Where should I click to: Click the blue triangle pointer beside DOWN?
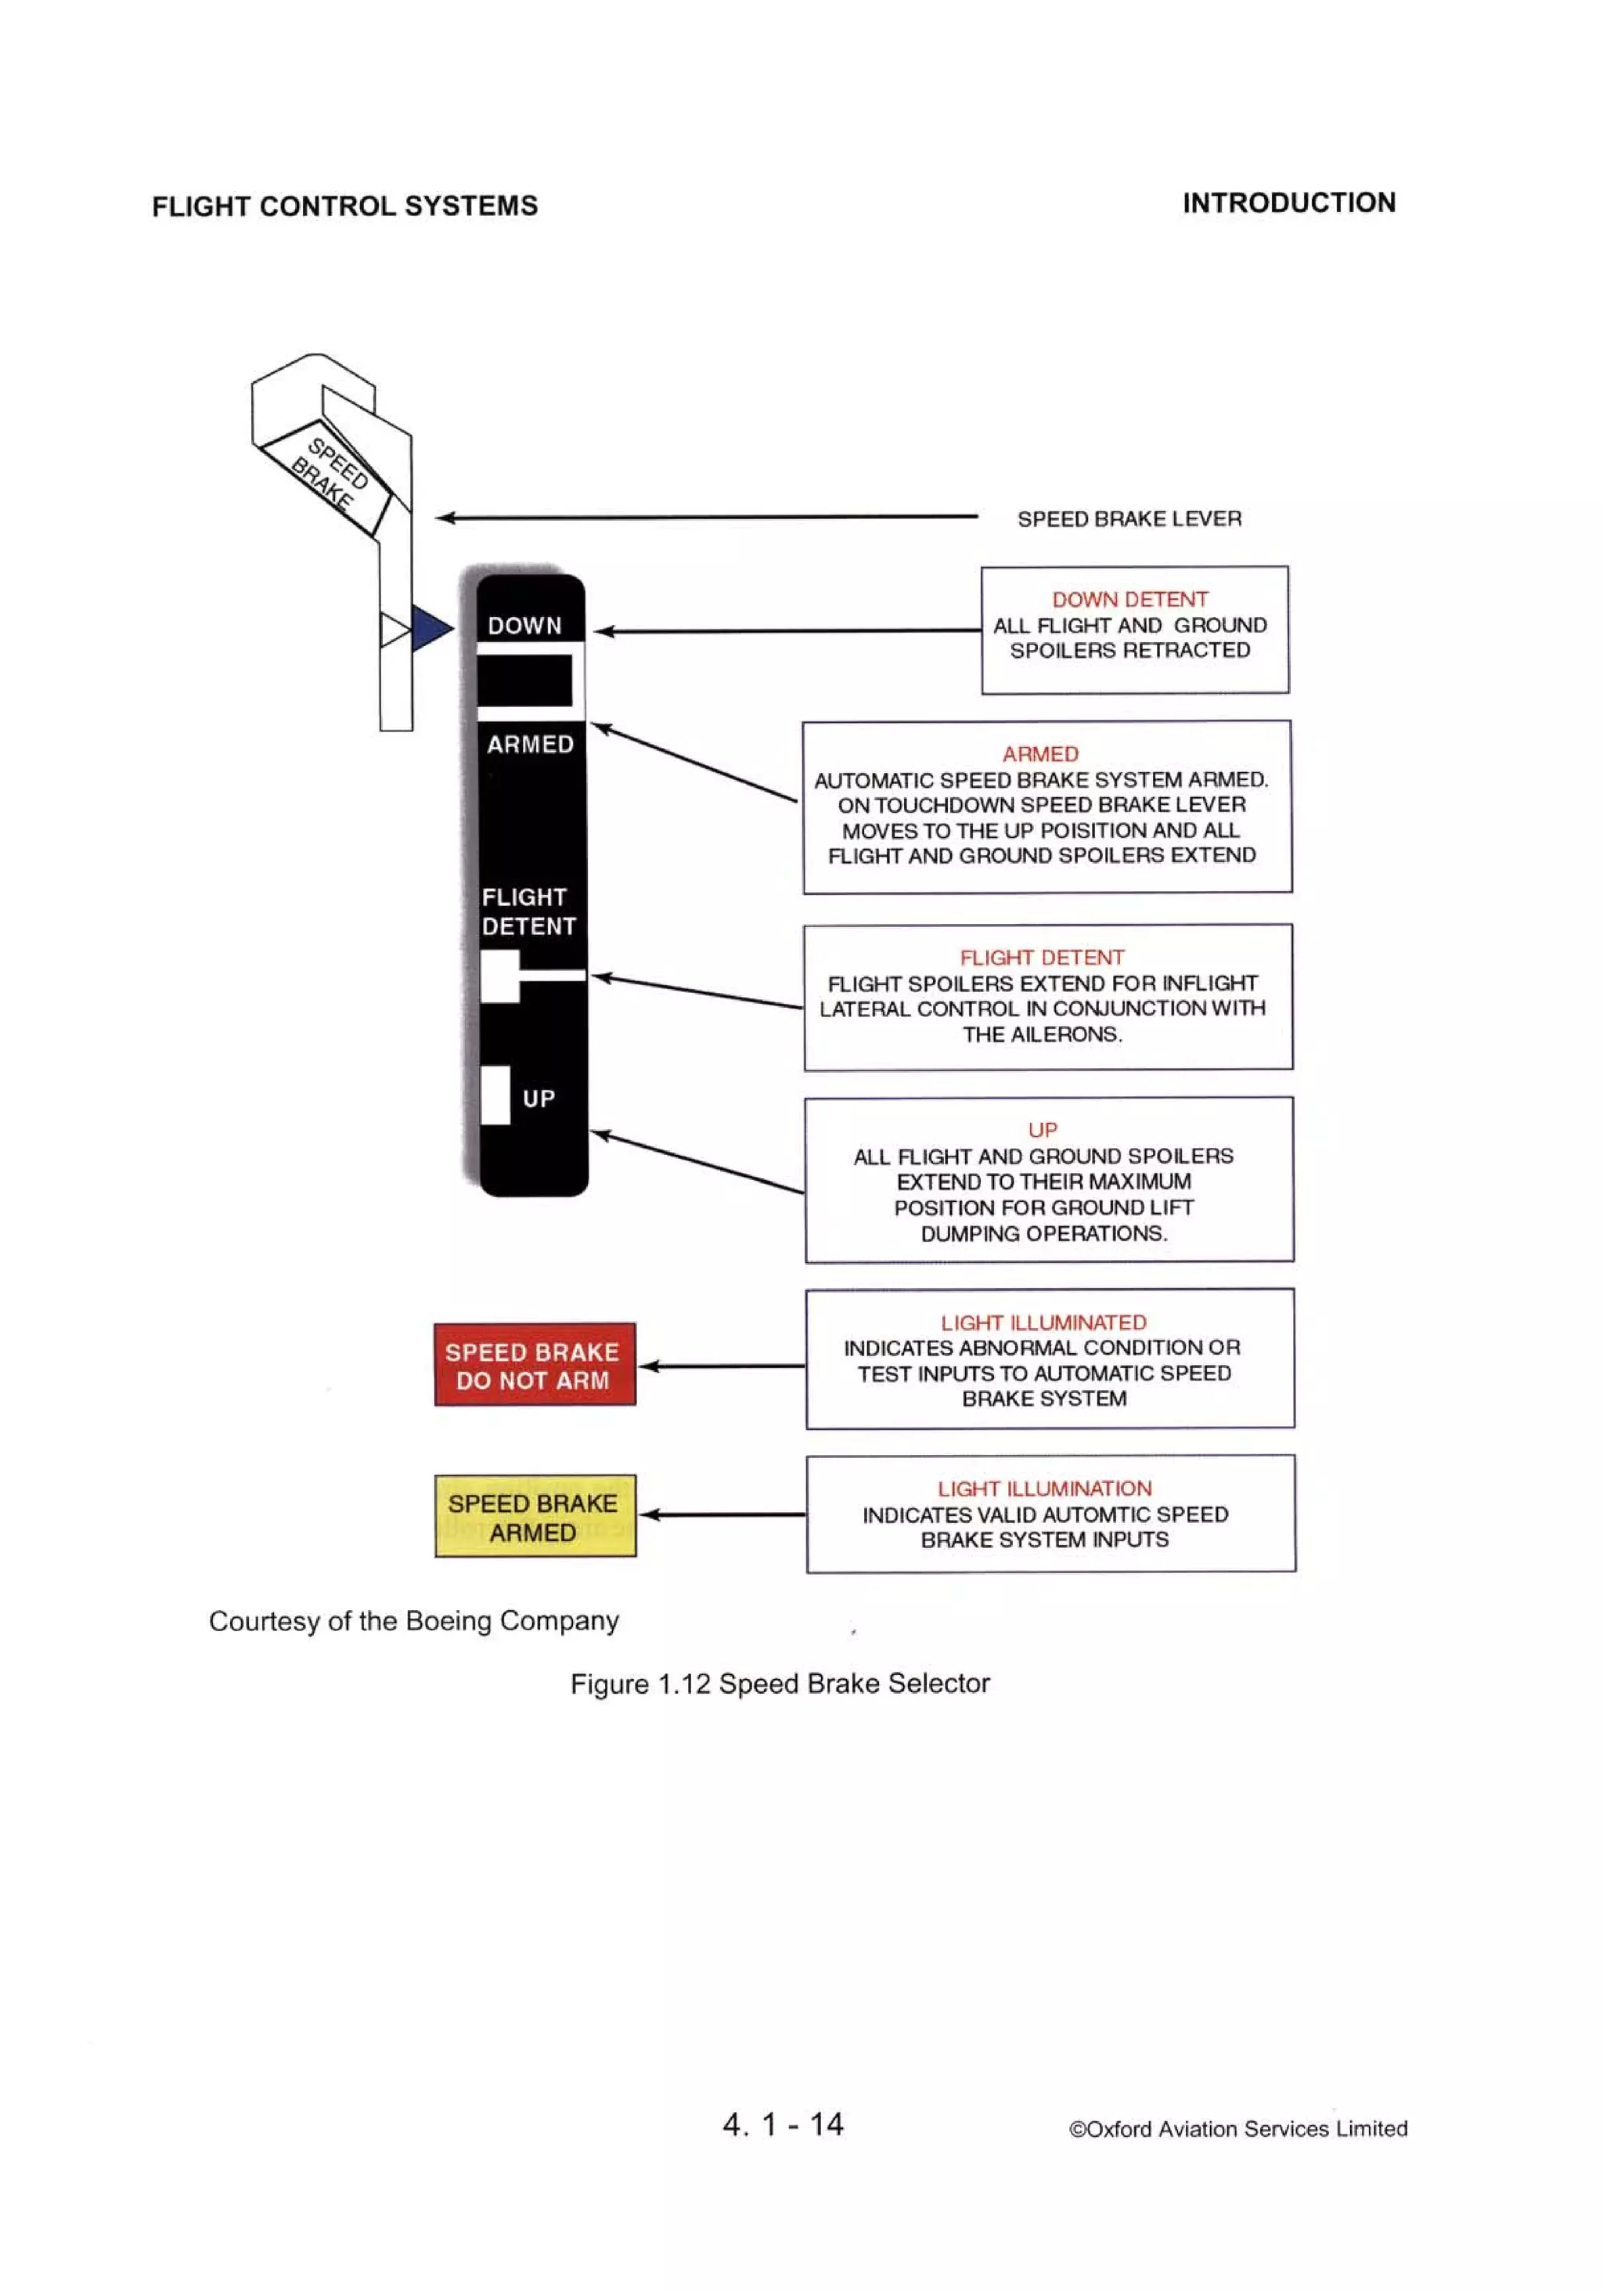(x=430, y=628)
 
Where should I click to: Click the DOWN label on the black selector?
(x=524, y=626)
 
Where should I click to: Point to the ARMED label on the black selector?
(x=530, y=745)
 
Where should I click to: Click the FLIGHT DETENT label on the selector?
(x=528, y=911)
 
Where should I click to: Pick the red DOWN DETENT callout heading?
(x=1130, y=599)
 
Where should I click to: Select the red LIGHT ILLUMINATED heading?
(x=1043, y=1323)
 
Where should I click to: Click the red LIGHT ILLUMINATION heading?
(x=1044, y=1489)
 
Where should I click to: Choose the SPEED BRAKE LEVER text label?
(x=1129, y=519)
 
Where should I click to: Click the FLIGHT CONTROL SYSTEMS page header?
(x=344, y=206)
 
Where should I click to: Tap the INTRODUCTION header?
(x=1288, y=203)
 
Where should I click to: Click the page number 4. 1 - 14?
(x=783, y=2124)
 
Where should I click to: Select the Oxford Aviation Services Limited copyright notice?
(x=1237, y=2129)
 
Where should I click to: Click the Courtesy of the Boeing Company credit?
(x=413, y=1620)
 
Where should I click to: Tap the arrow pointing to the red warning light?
(x=721, y=1366)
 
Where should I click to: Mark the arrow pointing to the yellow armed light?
(x=721, y=1514)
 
